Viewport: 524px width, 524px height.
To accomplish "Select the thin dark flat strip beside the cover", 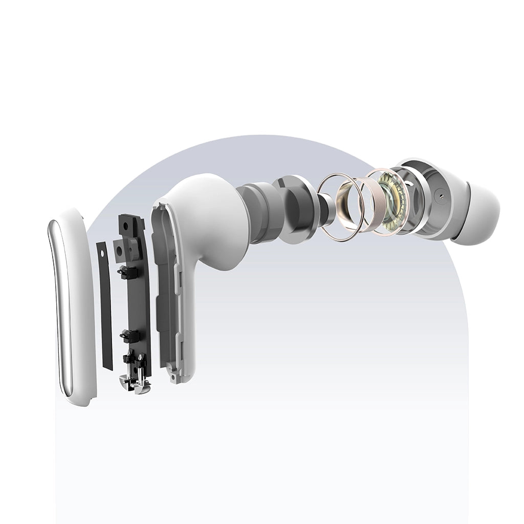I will pyautogui.click(x=105, y=307).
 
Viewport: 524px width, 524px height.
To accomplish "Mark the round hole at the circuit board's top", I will pyautogui.click(x=125, y=226).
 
